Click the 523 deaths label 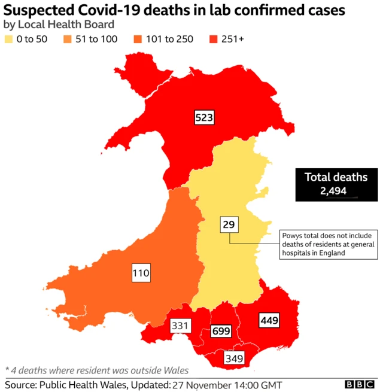pos(204,117)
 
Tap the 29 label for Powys pos(229,225)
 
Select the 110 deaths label pos(141,274)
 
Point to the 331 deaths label pos(180,326)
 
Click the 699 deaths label pos(221,331)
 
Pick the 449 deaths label pos(269,321)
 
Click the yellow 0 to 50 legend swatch pos(9,39)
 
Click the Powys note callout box pos(329,244)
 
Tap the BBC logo pos(360,384)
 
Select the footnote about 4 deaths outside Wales pos(97,370)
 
